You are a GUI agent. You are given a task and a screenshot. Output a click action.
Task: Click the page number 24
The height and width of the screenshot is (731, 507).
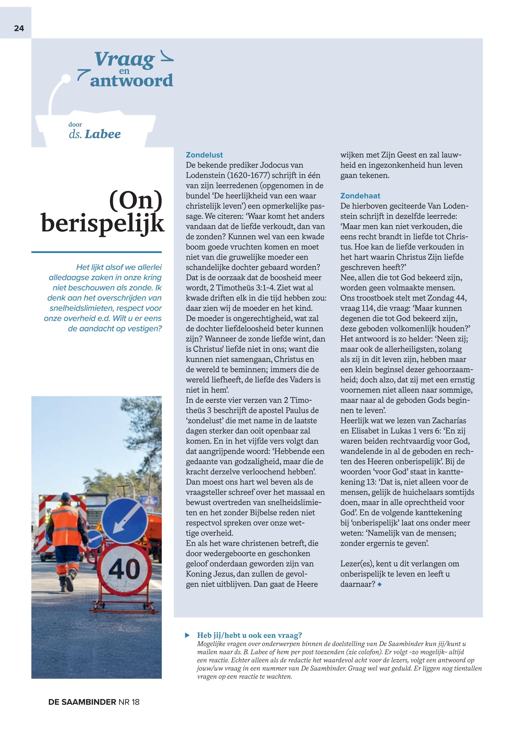tap(19, 28)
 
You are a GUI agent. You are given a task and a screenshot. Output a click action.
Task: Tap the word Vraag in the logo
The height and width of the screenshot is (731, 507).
tap(124, 59)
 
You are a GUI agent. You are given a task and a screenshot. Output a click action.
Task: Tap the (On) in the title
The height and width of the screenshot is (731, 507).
tap(136, 200)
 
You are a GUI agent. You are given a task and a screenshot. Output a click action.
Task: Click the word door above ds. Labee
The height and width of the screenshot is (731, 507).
tap(75, 124)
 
